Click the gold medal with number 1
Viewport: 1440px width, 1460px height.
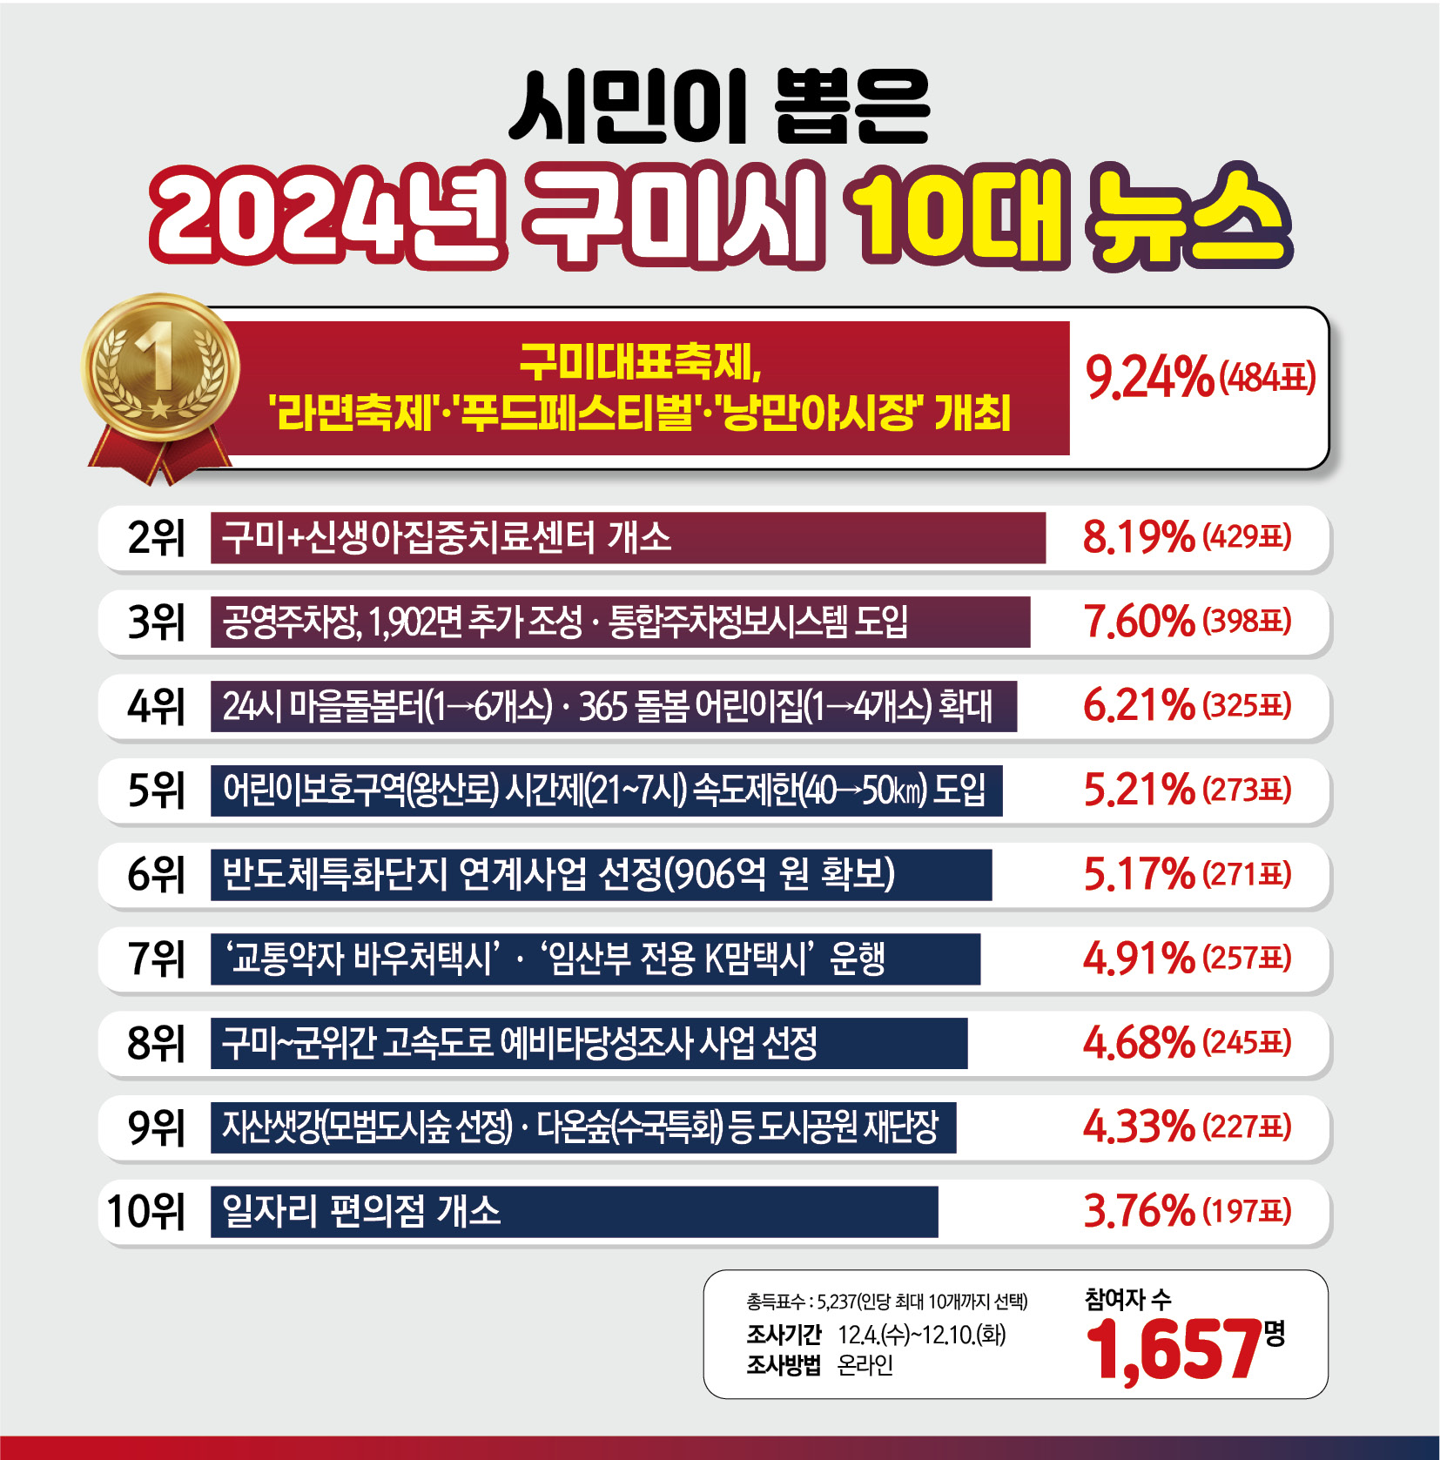(160, 367)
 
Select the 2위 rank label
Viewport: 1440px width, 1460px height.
(156, 538)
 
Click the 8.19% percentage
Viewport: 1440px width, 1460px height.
(1138, 537)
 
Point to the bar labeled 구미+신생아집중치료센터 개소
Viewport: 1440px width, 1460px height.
(627, 538)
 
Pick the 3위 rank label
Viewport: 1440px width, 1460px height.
(156, 622)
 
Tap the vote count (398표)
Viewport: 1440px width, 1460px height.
(1247, 622)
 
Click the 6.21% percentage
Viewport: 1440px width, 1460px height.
(1138, 706)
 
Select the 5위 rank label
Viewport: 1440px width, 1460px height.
(156, 791)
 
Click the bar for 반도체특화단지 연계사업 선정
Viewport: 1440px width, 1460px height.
(601, 875)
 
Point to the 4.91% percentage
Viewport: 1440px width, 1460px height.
(1138, 959)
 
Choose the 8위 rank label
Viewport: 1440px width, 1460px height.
(156, 1043)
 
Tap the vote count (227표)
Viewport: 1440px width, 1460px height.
(1247, 1127)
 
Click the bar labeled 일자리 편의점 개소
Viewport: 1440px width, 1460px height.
(574, 1212)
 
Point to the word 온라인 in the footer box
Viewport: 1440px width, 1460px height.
(865, 1365)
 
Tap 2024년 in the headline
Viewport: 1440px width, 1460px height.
(327, 215)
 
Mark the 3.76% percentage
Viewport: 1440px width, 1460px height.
(1138, 1212)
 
